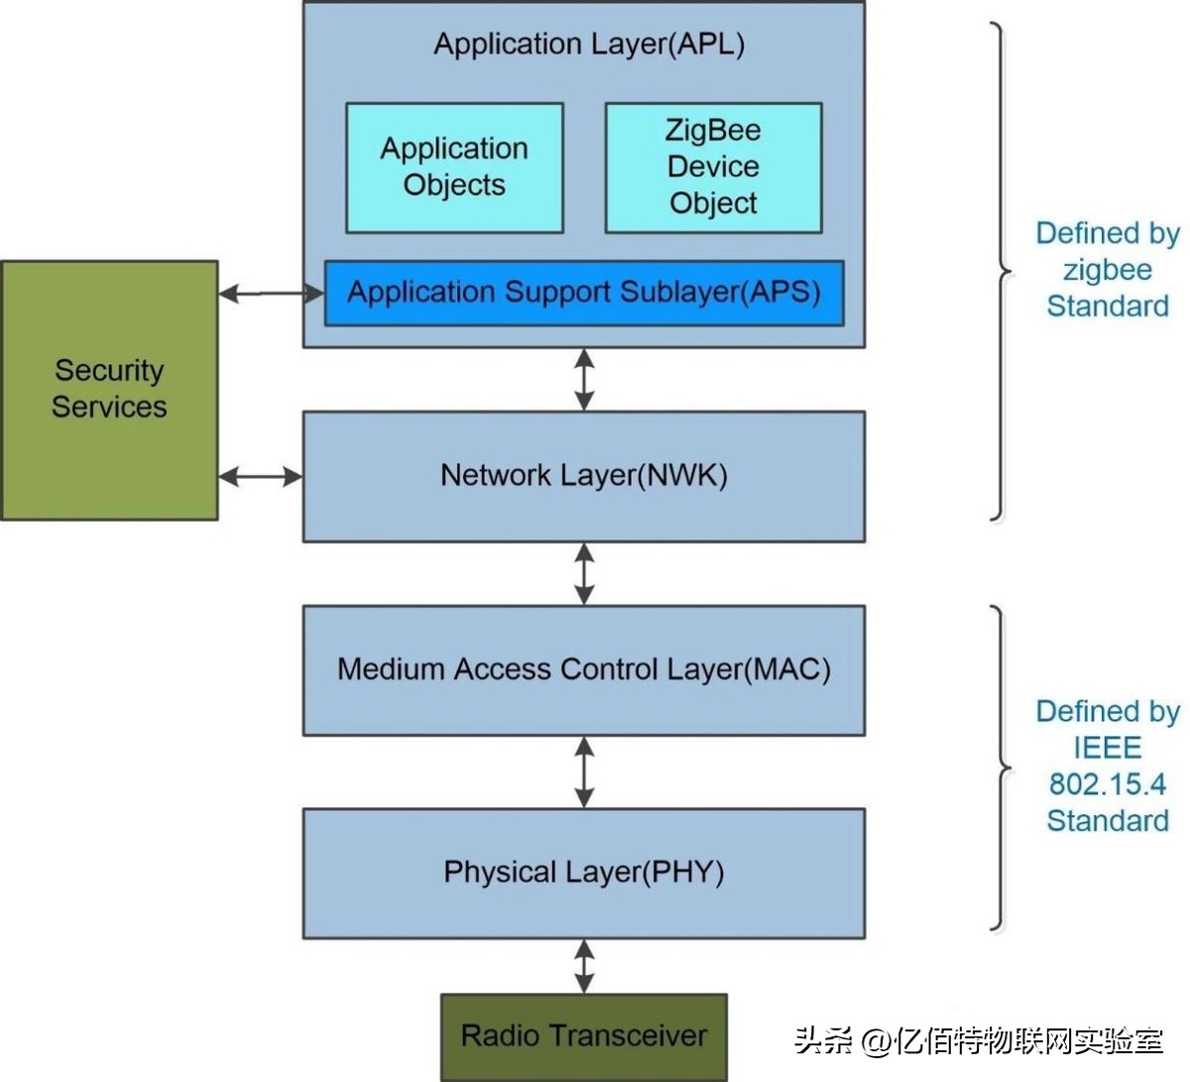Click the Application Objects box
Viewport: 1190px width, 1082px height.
[454, 168]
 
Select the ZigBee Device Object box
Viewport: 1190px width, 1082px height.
[713, 168]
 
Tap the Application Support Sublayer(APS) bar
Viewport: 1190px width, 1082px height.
[584, 293]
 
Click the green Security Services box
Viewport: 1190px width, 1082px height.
[109, 390]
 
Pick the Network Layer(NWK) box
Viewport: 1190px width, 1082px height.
[584, 476]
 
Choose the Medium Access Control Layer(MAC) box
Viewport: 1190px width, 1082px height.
[584, 669]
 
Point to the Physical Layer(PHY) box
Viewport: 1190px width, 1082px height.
[584, 873]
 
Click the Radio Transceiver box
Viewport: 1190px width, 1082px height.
[584, 1036]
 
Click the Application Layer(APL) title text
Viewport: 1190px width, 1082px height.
[589, 45]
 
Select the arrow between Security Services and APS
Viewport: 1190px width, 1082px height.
[271, 294]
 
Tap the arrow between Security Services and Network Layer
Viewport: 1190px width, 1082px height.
[260, 477]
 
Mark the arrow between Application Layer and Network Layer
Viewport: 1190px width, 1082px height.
[584, 379]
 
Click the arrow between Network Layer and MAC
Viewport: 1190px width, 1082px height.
[584, 573]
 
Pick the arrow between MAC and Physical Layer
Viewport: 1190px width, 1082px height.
[584, 772]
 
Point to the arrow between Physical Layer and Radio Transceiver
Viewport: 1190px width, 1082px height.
[584, 966]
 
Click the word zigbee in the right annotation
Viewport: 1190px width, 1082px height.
[1107, 270]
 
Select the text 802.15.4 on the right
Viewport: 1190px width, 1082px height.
[1107, 784]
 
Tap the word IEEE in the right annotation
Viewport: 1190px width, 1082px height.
[1107, 748]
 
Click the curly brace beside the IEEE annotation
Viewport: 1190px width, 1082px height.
[1001, 769]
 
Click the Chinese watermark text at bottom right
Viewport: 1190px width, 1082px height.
[978, 1040]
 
